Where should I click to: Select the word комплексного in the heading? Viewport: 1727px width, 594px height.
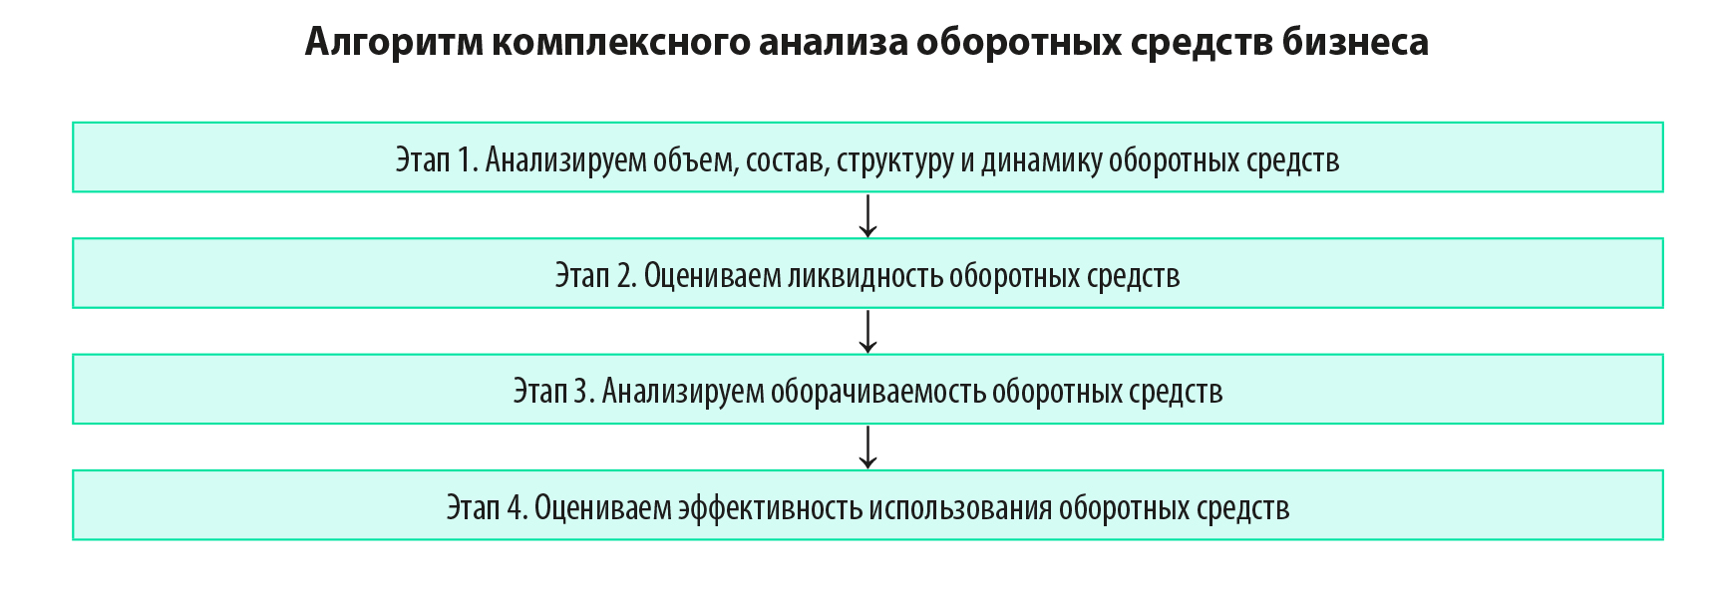tap(621, 43)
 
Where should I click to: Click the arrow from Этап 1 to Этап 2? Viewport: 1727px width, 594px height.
tap(867, 215)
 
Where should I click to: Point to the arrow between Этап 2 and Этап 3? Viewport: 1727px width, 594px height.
tap(867, 331)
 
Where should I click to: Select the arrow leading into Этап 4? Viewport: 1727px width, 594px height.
tap(867, 446)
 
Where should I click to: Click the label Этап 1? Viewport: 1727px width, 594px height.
tap(437, 159)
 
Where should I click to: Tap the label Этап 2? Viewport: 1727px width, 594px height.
tap(595, 275)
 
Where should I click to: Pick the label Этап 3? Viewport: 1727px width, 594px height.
tap(553, 391)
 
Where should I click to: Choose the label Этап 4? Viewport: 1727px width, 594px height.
tap(487, 507)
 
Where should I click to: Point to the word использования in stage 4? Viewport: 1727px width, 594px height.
tap(960, 508)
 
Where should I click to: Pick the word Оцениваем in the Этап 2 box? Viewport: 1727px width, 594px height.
tap(712, 275)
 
